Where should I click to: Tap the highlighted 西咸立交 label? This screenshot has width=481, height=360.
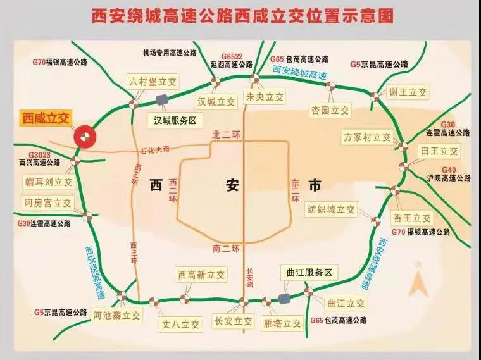pos(47,118)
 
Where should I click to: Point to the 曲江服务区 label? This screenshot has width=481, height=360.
pos(309,273)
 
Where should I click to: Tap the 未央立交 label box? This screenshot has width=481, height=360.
pos(264,97)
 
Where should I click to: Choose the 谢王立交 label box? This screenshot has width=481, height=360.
pos(408,92)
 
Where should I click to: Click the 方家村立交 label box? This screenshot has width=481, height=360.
pos(367,137)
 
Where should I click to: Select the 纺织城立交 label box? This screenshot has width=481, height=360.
pos(332,209)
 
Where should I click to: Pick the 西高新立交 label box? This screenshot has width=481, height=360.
pos(201,275)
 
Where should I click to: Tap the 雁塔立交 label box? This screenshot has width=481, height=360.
pos(282,323)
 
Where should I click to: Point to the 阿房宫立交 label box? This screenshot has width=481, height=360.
pos(48,203)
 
